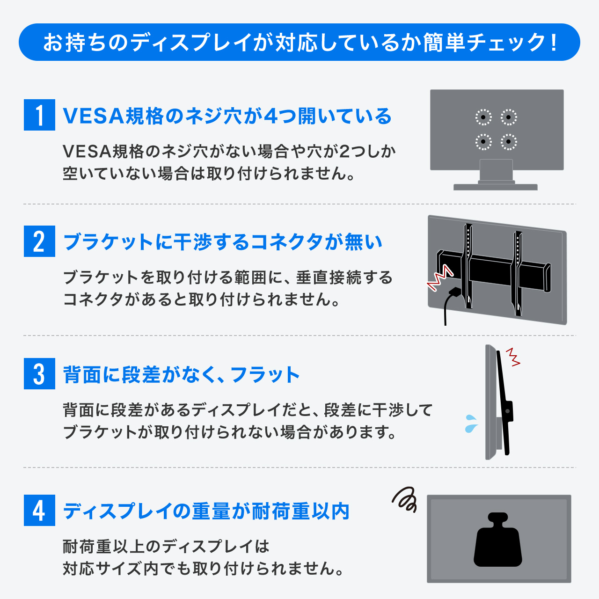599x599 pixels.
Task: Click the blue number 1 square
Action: point(39,115)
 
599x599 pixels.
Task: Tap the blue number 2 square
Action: point(39,241)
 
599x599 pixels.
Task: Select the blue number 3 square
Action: point(39,373)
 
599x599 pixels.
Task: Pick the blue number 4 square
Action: point(39,511)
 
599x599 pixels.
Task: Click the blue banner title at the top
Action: point(299,42)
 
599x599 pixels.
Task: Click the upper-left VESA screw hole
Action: point(483,117)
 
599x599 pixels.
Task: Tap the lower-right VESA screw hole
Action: point(509,142)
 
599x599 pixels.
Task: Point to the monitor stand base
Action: point(496,187)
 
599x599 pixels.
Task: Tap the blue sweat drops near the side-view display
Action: point(471,424)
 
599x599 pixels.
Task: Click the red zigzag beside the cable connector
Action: point(439,278)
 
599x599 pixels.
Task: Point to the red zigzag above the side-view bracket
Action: point(513,357)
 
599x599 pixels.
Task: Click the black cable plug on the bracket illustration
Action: point(454,292)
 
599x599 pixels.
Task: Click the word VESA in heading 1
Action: point(94,116)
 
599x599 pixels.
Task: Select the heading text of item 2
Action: point(223,242)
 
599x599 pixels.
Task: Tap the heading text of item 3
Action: point(181,374)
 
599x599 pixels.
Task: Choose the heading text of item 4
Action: point(206,511)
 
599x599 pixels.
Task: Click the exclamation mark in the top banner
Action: point(553,42)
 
